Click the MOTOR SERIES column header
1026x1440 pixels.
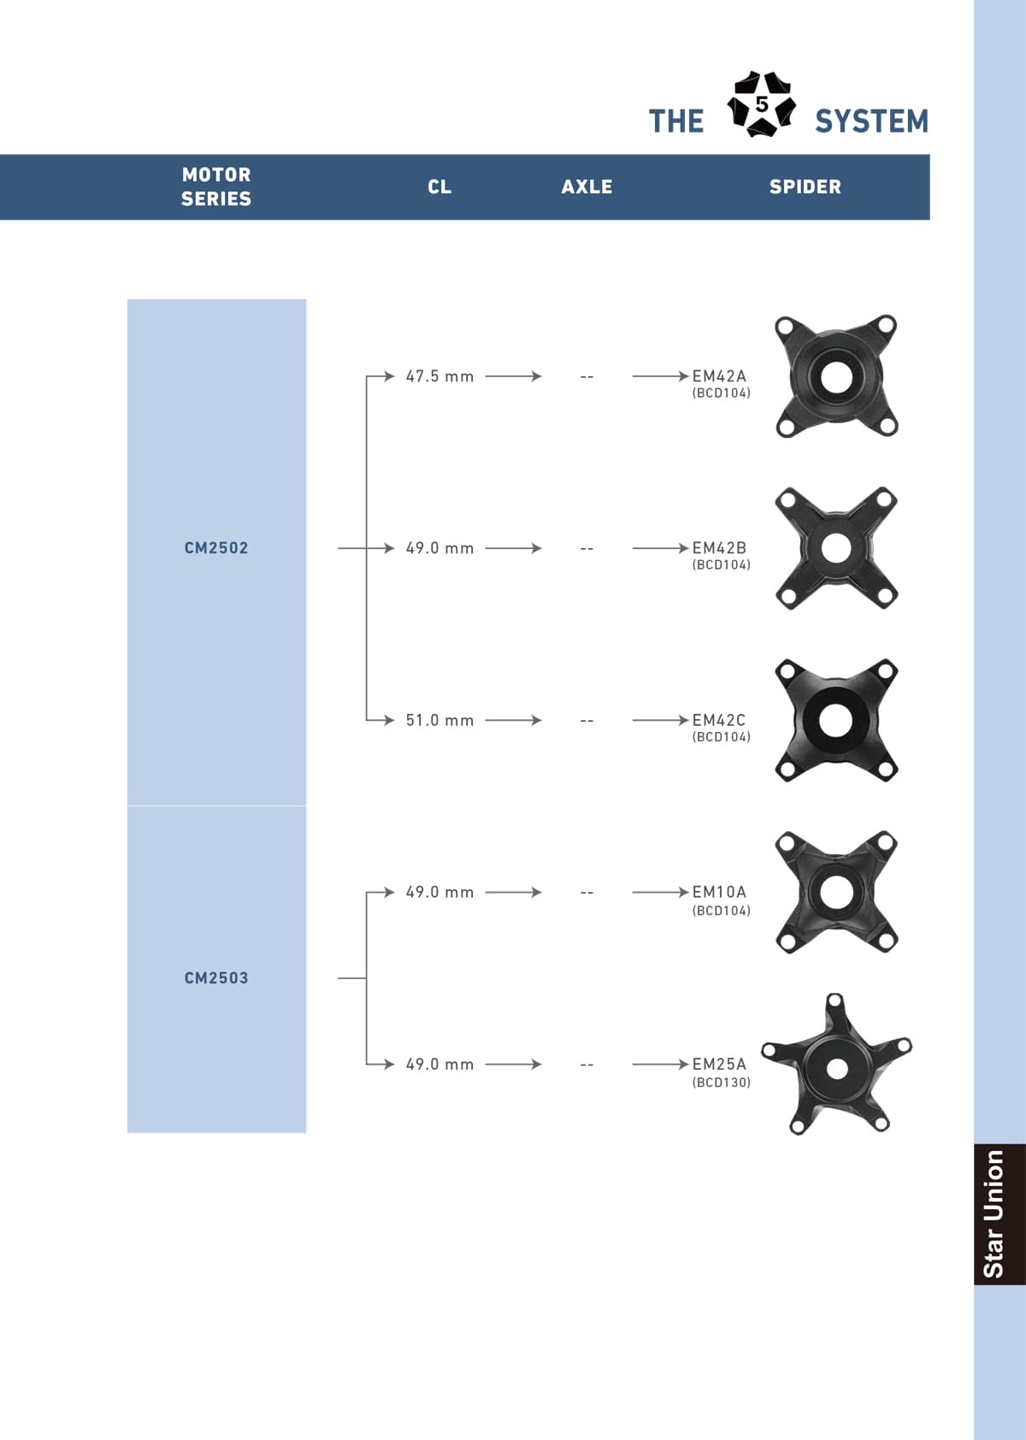pyautogui.click(x=216, y=186)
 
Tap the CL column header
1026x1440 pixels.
pyautogui.click(x=439, y=187)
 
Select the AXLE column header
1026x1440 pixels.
pyautogui.click(x=587, y=187)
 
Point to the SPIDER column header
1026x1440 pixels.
pyautogui.click(x=805, y=187)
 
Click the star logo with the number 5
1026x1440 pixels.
pyautogui.click(x=761, y=104)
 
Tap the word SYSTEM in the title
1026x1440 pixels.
pyautogui.click(x=872, y=121)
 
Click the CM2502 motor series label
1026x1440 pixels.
pyautogui.click(x=216, y=548)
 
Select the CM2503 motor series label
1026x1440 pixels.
pyautogui.click(x=216, y=977)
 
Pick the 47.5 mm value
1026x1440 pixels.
pyautogui.click(x=439, y=376)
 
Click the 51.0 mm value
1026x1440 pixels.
pyautogui.click(x=439, y=720)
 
